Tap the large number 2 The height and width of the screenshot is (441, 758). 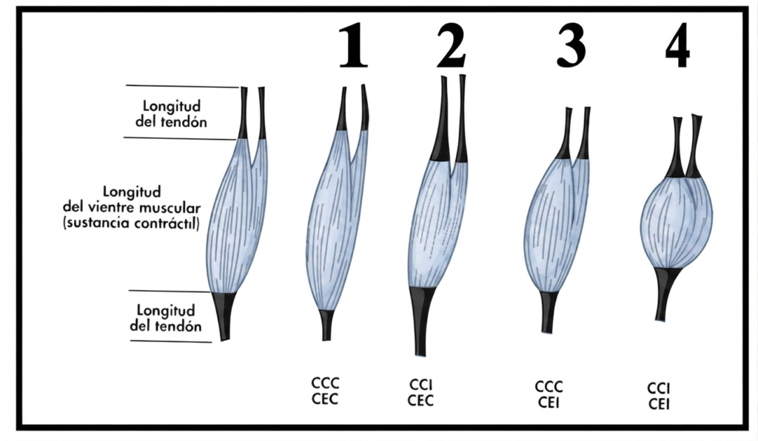click(452, 45)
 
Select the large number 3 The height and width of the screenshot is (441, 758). click(571, 45)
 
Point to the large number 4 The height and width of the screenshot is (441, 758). click(677, 47)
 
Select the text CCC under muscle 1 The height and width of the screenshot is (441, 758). click(325, 383)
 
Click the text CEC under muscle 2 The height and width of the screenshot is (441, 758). click(420, 401)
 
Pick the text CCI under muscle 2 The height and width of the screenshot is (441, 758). click(420, 385)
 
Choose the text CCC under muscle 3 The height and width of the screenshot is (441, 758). click(549, 387)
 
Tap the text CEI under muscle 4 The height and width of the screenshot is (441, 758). click(658, 404)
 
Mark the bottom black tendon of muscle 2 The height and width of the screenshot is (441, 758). click(421, 319)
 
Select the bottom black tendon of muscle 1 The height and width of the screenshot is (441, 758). click(326, 325)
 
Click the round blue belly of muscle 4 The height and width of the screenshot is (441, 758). click(677, 221)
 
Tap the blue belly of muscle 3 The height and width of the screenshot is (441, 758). click(557, 224)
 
